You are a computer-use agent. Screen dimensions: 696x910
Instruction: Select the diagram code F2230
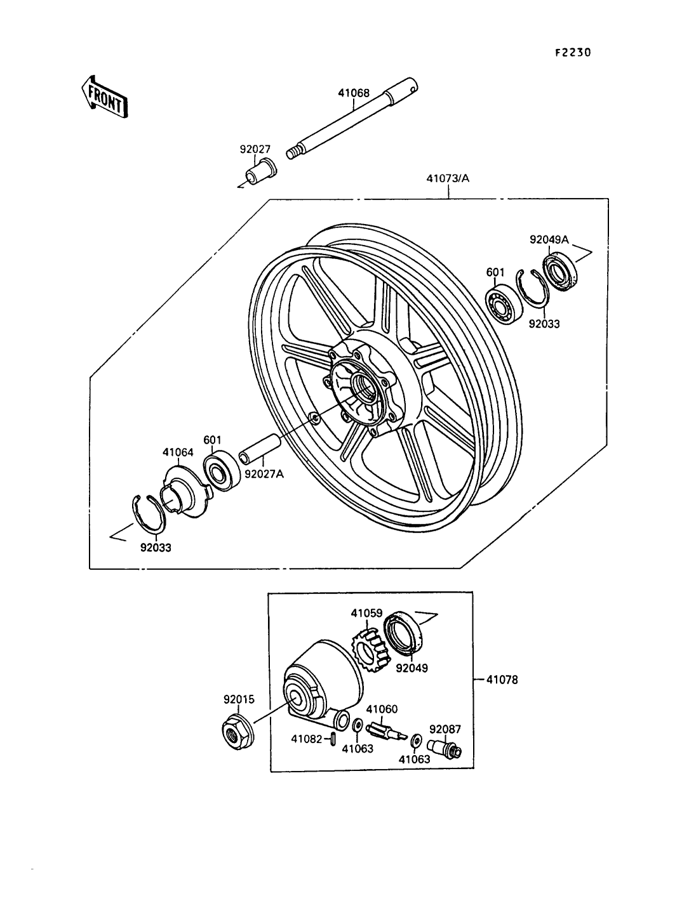pos(573,53)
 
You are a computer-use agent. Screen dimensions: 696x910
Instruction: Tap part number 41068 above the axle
pos(353,93)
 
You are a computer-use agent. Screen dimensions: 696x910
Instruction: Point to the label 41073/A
pos(448,179)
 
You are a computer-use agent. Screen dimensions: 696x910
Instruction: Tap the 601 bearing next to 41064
pos(222,471)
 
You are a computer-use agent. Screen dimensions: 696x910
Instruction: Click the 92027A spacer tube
pos(260,449)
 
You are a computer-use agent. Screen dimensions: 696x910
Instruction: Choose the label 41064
pos(178,452)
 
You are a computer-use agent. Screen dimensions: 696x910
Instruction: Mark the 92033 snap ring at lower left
pos(149,515)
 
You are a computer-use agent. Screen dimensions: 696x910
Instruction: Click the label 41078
pos(502,680)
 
